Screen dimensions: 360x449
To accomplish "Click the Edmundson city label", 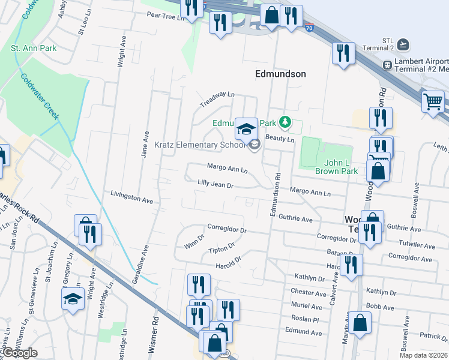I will [280, 74].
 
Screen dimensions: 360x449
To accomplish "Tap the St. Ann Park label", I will [34, 47].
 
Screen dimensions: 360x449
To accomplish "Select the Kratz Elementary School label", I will [200, 145].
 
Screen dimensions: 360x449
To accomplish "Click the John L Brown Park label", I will [337, 167].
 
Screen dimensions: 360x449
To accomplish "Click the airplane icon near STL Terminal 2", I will [403, 45].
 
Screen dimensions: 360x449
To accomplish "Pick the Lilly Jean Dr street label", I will [215, 184].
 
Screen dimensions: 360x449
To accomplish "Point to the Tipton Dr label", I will [220, 248].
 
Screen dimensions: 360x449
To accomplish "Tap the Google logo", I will [20, 353].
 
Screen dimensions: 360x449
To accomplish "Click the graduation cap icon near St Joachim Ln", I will [73, 298].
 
